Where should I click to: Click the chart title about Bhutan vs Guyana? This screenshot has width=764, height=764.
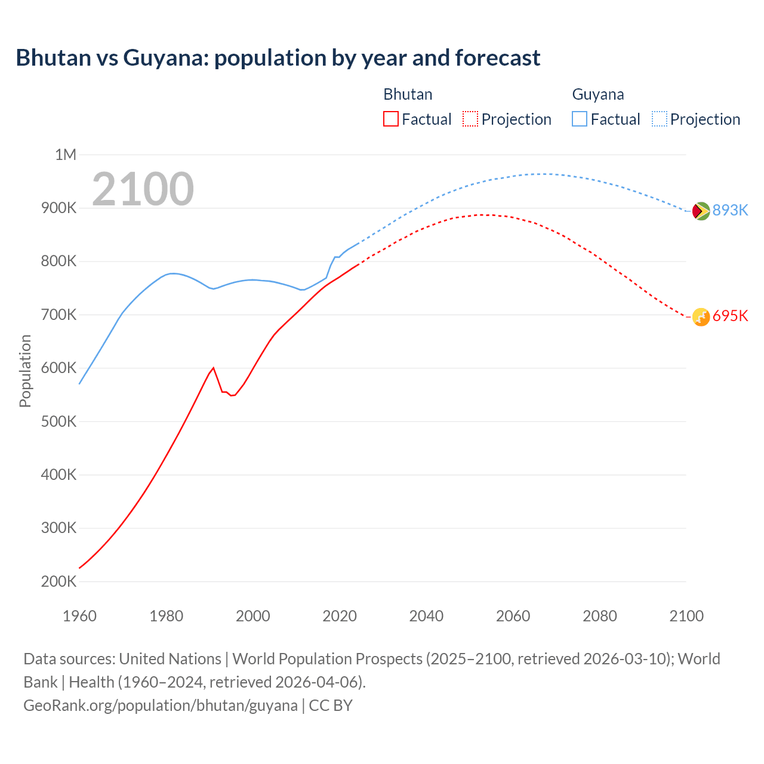[278, 58]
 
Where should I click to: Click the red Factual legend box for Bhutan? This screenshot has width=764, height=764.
[390, 119]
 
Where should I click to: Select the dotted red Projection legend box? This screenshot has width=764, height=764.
[470, 119]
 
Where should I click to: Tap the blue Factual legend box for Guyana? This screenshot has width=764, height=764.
[580, 119]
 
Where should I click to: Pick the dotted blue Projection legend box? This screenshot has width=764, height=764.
[659, 119]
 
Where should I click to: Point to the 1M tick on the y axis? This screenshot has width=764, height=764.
[66, 155]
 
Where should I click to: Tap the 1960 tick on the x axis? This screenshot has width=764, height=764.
[79, 616]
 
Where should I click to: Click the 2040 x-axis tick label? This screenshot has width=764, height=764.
[426, 616]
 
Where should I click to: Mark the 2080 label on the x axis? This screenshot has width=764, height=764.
[599, 616]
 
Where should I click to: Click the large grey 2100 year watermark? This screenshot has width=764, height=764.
[143, 189]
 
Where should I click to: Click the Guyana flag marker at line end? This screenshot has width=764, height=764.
[701, 211]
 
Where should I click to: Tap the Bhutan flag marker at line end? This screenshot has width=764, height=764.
[701, 317]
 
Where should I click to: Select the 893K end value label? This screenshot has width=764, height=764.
[730, 210]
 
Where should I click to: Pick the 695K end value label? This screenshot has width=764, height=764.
[730, 316]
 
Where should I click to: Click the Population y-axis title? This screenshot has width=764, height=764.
[25, 371]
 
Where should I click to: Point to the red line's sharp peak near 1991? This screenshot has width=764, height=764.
[213, 368]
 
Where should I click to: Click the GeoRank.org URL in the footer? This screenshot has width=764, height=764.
[160, 705]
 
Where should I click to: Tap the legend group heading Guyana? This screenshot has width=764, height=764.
[597, 94]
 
